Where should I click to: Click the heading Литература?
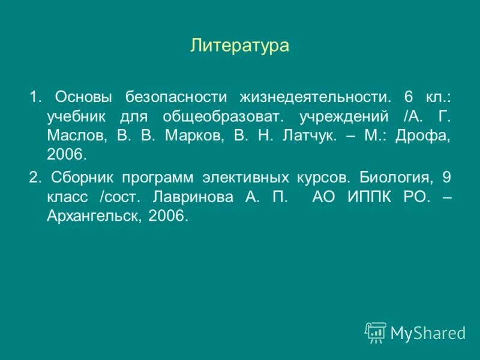(240, 46)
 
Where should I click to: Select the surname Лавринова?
(191, 197)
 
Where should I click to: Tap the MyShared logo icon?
(376, 332)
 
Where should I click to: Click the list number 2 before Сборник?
(34, 178)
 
